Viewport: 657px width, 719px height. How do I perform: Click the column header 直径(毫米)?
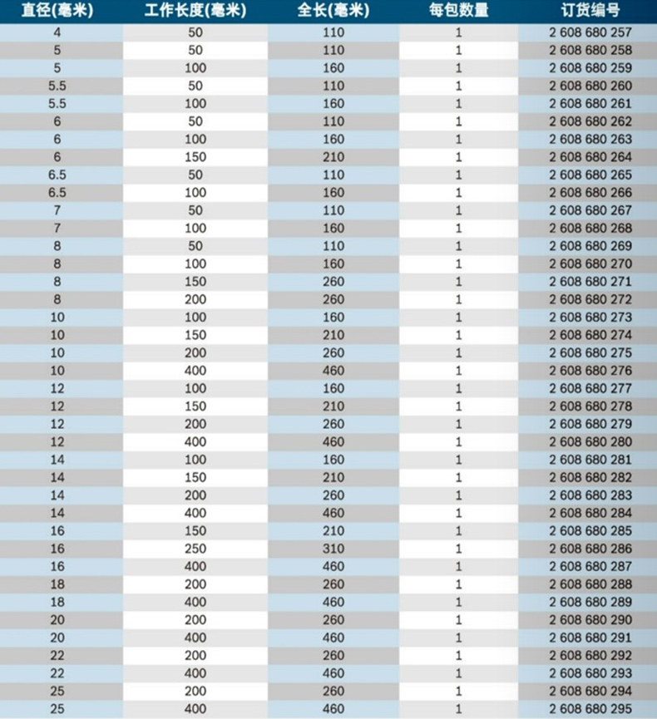tap(57, 12)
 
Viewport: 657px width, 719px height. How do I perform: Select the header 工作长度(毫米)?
tap(195, 12)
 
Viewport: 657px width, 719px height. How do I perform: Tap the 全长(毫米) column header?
tap(333, 12)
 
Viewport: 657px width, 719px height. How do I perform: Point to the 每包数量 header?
tap(458, 12)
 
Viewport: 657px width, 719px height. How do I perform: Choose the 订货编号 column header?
tap(590, 12)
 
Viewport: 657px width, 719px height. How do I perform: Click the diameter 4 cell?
tap(57, 33)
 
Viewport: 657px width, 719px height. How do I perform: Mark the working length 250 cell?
tap(195, 549)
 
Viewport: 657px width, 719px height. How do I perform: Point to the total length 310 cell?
tap(333, 549)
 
